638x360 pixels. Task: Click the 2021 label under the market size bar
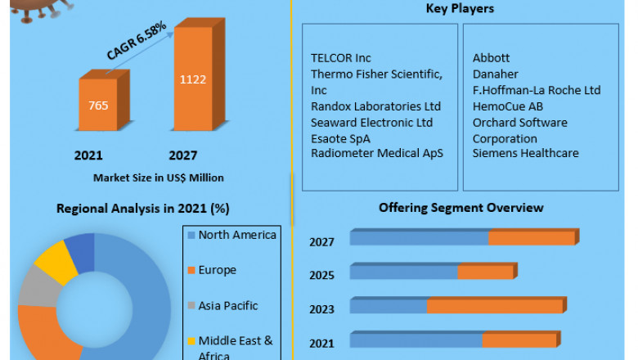88,155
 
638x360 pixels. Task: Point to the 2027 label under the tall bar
183,155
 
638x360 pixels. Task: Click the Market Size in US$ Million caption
158,177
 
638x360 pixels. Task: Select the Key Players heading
461,9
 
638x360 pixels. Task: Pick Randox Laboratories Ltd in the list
375,106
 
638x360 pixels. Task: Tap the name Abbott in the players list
491,58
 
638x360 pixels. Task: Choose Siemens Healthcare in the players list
525,153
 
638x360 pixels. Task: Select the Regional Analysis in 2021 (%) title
142,208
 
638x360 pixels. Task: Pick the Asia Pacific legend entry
227,305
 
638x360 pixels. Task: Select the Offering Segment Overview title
461,208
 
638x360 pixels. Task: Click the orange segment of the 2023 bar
495,306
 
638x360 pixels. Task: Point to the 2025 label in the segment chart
321,275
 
